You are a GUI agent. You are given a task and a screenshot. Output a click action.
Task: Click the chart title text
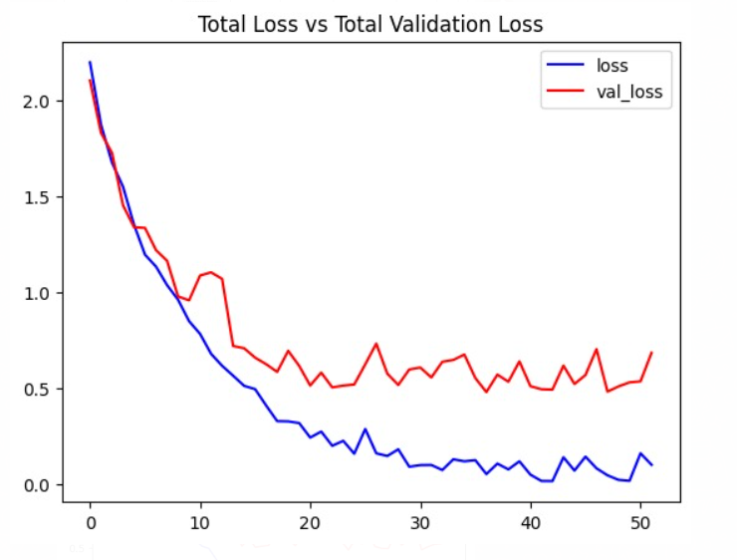[x=370, y=24]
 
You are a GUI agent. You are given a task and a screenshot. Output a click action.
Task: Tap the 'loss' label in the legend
[x=611, y=67]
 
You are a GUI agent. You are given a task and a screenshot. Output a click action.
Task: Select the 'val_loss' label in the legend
[x=629, y=93]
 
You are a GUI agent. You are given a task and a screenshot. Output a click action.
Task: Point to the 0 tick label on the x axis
[x=91, y=523]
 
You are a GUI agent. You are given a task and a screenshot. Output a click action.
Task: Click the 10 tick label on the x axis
[x=200, y=523]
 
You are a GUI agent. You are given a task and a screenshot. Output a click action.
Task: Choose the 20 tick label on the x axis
[x=311, y=523]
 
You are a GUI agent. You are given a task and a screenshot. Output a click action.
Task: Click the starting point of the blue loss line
[x=91, y=62]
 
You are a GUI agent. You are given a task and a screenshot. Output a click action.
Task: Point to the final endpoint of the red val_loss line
[x=651, y=353]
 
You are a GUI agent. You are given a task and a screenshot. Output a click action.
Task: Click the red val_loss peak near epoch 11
[x=211, y=272]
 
